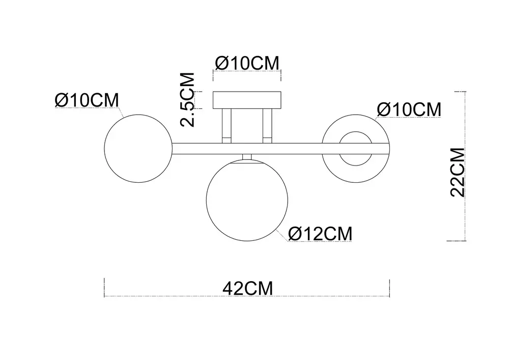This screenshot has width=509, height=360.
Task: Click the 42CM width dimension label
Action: pos(248,288)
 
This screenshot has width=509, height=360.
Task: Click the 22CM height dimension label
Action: pos(458,173)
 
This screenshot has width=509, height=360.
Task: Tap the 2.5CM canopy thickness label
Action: pos(188,100)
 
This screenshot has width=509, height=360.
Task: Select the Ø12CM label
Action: pos(320,233)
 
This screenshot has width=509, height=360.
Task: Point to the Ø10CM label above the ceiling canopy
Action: pos(247,63)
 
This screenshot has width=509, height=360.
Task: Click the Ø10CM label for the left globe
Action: pos(87,100)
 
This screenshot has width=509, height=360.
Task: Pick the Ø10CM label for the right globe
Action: pos(409,109)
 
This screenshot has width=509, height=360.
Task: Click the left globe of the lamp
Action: pos(104,148)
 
